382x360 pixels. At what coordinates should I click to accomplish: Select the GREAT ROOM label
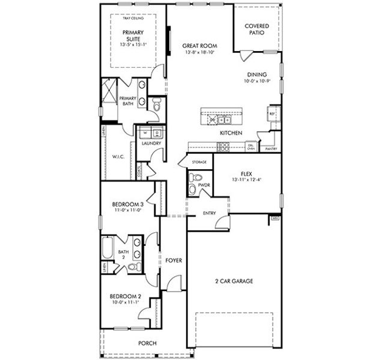[200, 46]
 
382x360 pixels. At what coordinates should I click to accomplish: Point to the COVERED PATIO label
[256, 29]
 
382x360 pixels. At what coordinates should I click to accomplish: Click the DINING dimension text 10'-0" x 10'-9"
[258, 81]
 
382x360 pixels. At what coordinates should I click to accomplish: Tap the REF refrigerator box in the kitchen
[271, 113]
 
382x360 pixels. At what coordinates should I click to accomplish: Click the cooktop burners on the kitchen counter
[223, 146]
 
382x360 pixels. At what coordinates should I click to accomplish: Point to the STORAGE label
[199, 163]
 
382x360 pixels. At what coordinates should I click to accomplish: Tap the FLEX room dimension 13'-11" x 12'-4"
[246, 179]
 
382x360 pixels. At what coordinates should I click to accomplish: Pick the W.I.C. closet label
[117, 158]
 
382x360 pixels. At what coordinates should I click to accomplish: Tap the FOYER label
[174, 260]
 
